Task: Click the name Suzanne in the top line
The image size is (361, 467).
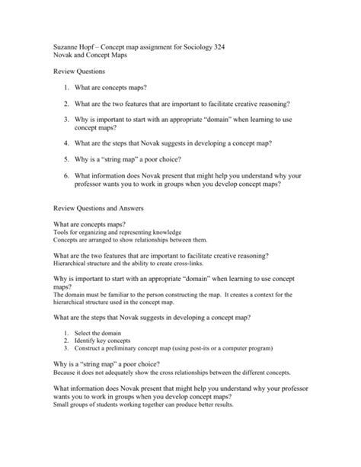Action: point(65,47)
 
